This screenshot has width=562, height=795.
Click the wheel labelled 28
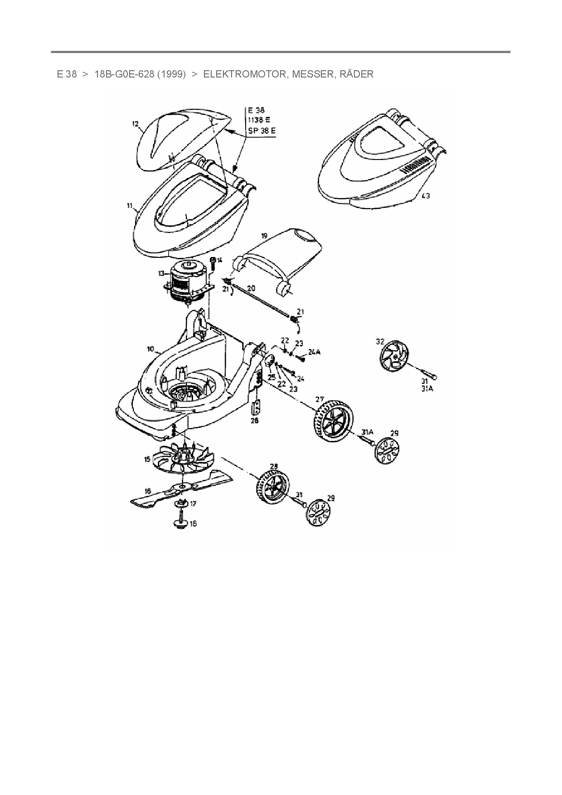point(273,490)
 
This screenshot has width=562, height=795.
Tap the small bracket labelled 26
point(257,408)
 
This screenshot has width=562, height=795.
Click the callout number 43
point(426,196)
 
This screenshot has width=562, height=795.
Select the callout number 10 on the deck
point(151,349)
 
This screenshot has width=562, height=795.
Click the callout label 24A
point(314,352)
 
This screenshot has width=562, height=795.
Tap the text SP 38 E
point(262,131)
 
